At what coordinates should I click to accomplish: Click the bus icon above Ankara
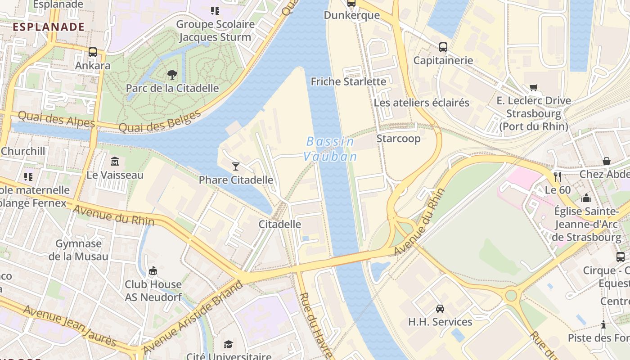pos(93,52)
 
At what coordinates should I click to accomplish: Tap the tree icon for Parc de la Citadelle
pos(172,74)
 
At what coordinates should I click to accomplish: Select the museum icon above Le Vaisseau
pos(115,161)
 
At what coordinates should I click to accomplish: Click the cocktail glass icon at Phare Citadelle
pos(235,166)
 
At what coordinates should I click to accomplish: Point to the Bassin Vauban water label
pos(330,149)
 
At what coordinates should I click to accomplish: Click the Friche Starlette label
pos(348,81)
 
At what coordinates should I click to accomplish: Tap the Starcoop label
pos(398,138)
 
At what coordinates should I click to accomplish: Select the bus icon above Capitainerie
pos(443,47)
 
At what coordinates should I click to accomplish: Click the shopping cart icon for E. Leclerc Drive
pos(534,87)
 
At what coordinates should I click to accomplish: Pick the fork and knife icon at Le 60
pos(558,176)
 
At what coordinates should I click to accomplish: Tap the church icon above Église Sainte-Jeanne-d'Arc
pos(586,198)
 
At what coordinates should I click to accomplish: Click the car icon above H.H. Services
pos(440,309)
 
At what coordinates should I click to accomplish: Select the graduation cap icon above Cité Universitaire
pos(229,344)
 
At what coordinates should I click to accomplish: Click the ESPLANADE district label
pos(49,27)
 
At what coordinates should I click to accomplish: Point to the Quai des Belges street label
pos(160,121)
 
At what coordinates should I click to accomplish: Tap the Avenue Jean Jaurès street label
pos(70,326)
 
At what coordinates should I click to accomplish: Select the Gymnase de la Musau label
pos(78,250)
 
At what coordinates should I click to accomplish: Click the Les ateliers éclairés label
pos(421,103)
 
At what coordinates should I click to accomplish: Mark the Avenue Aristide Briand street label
pos(193,317)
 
